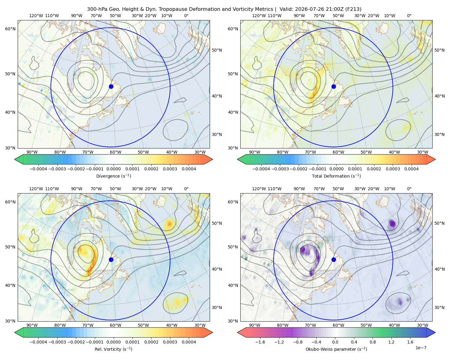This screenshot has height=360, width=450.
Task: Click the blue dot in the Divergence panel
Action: [x=111, y=86]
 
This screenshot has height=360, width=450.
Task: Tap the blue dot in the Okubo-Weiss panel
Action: [x=334, y=259]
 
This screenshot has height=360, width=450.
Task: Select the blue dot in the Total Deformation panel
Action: [x=334, y=86]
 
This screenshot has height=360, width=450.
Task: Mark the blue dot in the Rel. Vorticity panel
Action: [x=111, y=259]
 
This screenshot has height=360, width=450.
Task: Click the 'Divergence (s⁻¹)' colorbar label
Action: [x=113, y=176]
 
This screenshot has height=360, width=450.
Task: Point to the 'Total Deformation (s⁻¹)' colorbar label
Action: [x=336, y=176]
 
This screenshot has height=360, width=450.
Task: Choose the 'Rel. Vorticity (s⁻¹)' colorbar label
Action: [x=113, y=349]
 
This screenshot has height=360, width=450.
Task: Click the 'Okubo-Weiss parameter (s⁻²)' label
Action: [x=336, y=349]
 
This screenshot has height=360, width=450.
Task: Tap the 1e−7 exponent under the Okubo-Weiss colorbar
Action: [x=421, y=348]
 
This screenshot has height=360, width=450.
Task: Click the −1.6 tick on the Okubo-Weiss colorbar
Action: [x=260, y=342]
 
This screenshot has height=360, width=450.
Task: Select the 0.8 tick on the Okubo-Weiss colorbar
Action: [x=373, y=342]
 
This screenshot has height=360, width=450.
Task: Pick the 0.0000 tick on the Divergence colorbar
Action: [x=113, y=169]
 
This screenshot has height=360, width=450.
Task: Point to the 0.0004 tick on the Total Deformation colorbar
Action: [x=412, y=169]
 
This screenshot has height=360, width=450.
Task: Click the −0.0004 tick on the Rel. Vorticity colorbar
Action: [x=38, y=342]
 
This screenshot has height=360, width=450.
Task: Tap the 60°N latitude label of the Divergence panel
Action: [x=10, y=29]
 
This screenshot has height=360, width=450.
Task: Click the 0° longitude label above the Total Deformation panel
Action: [x=409, y=16]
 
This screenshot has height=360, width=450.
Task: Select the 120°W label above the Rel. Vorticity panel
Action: [x=36, y=189]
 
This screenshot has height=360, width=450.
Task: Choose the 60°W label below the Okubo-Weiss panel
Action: [x=338, y=325]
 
